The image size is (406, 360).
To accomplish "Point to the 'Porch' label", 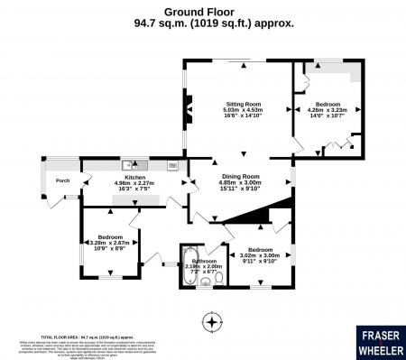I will click(x=62, y=180).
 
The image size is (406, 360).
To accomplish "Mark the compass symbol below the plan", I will click(x=212, y=321).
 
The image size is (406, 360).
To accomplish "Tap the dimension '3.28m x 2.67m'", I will click(x=110, y=243).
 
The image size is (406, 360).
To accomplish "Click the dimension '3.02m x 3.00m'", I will click(x=260, y=255).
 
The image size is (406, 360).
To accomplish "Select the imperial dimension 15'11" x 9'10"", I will click(x=240, y=189).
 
